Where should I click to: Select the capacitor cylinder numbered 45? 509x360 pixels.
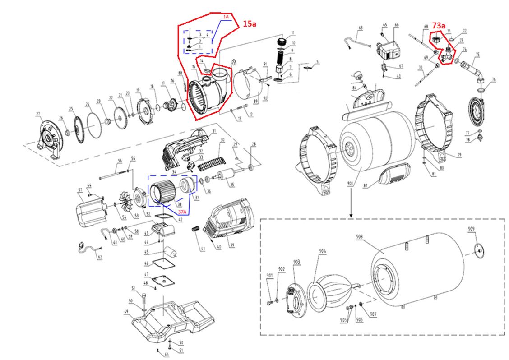(x=170, y=251)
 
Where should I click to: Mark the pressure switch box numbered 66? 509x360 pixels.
(x=390, y=45)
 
